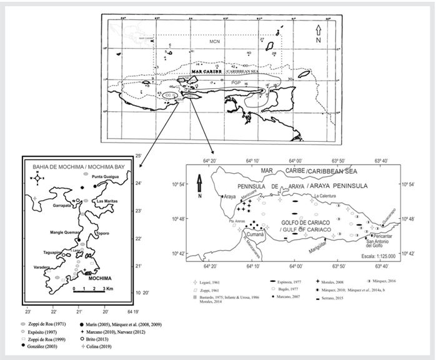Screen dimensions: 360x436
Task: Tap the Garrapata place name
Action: pyautogui.click(x=65, y=204)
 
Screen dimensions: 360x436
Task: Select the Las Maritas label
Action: pyautogui.click(x=106, y=201)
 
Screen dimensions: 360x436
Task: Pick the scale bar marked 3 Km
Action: pyautogui.click(x=90, y=289)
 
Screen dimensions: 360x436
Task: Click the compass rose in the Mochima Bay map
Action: pyautogui.click(x=36, y=179)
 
